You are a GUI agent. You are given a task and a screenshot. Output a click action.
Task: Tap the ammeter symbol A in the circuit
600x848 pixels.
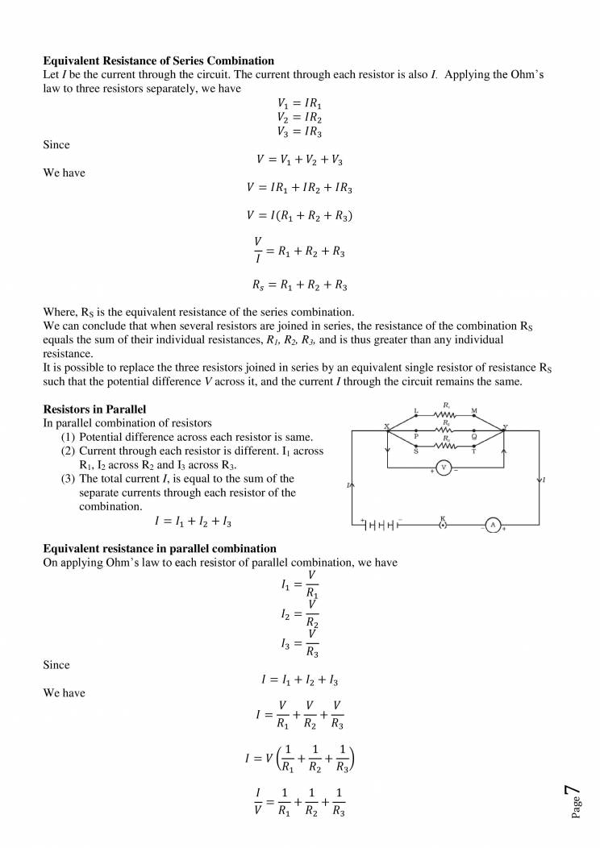coord(491,525)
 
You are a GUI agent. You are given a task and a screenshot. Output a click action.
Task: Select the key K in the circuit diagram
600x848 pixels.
coord(443,525)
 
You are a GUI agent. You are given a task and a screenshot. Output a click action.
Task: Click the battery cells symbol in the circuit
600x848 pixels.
coord(381,525)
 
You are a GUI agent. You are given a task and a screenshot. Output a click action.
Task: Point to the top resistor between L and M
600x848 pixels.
coord(445,416)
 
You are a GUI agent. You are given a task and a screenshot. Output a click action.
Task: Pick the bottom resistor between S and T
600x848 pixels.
coord(445,446)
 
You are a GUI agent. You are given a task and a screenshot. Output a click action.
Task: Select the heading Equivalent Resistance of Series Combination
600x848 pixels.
coord(158,61)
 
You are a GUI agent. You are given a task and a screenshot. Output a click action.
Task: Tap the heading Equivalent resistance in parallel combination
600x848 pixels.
coord(159,549)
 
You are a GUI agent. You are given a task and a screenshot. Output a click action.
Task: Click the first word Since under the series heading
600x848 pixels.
coord(56,145)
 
